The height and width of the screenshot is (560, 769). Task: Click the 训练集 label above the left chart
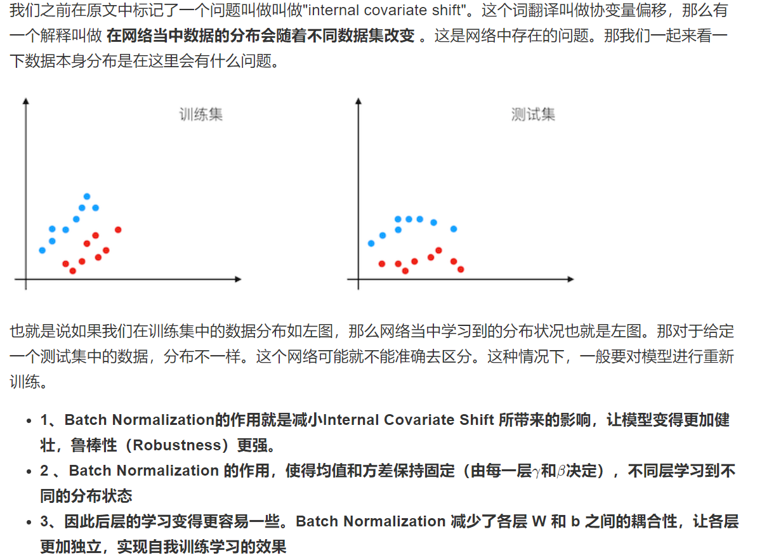[200, 115]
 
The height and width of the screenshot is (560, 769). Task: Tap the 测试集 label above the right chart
[533, 115]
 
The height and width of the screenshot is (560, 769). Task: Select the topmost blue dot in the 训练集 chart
[87, 197]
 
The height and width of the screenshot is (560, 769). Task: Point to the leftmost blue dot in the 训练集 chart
[43, 250]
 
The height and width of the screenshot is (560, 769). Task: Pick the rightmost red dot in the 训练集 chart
[118, 230]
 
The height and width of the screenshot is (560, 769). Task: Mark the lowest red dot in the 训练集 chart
[72, 271]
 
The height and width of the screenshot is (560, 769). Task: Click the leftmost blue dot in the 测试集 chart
[371, 243]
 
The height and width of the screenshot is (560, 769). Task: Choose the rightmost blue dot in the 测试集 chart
[454, 229]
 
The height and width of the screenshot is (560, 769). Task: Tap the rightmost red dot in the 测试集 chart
[461, 270]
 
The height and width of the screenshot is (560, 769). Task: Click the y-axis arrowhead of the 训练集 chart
[26, 101]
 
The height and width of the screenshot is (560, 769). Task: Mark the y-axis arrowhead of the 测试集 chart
[358, 101]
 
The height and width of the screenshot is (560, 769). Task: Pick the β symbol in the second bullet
[561, 471]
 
